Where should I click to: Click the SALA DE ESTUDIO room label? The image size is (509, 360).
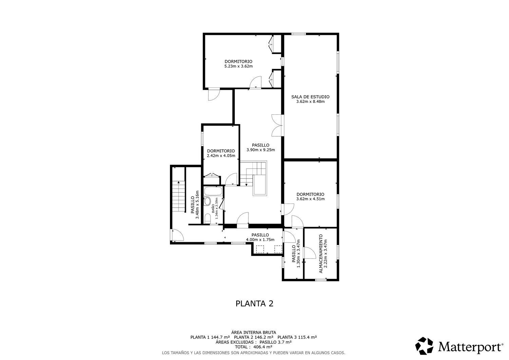point(310,97)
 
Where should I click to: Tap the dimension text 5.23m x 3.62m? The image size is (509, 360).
point(238,66)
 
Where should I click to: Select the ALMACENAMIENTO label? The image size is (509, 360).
point(321,254)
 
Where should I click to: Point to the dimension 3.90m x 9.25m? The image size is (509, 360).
point(260,150)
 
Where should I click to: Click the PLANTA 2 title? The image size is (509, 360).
point(254,303)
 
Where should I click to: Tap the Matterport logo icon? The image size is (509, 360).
point(424,346)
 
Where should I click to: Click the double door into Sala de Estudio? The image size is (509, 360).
point(278,125)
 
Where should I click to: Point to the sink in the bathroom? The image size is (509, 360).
point(207,201)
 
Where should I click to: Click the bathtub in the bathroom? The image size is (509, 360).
point(213,191)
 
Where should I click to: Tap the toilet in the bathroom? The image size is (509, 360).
point(207,217)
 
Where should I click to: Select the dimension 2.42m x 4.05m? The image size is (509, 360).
point(221,156)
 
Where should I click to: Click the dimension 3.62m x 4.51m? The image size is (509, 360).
point(310,199)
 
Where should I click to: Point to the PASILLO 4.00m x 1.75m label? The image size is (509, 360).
point(260,237)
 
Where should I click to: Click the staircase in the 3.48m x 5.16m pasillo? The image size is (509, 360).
point(178,196)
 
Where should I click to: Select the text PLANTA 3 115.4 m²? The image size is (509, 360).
point(297,337)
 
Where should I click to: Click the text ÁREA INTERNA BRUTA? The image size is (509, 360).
point(253,332)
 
